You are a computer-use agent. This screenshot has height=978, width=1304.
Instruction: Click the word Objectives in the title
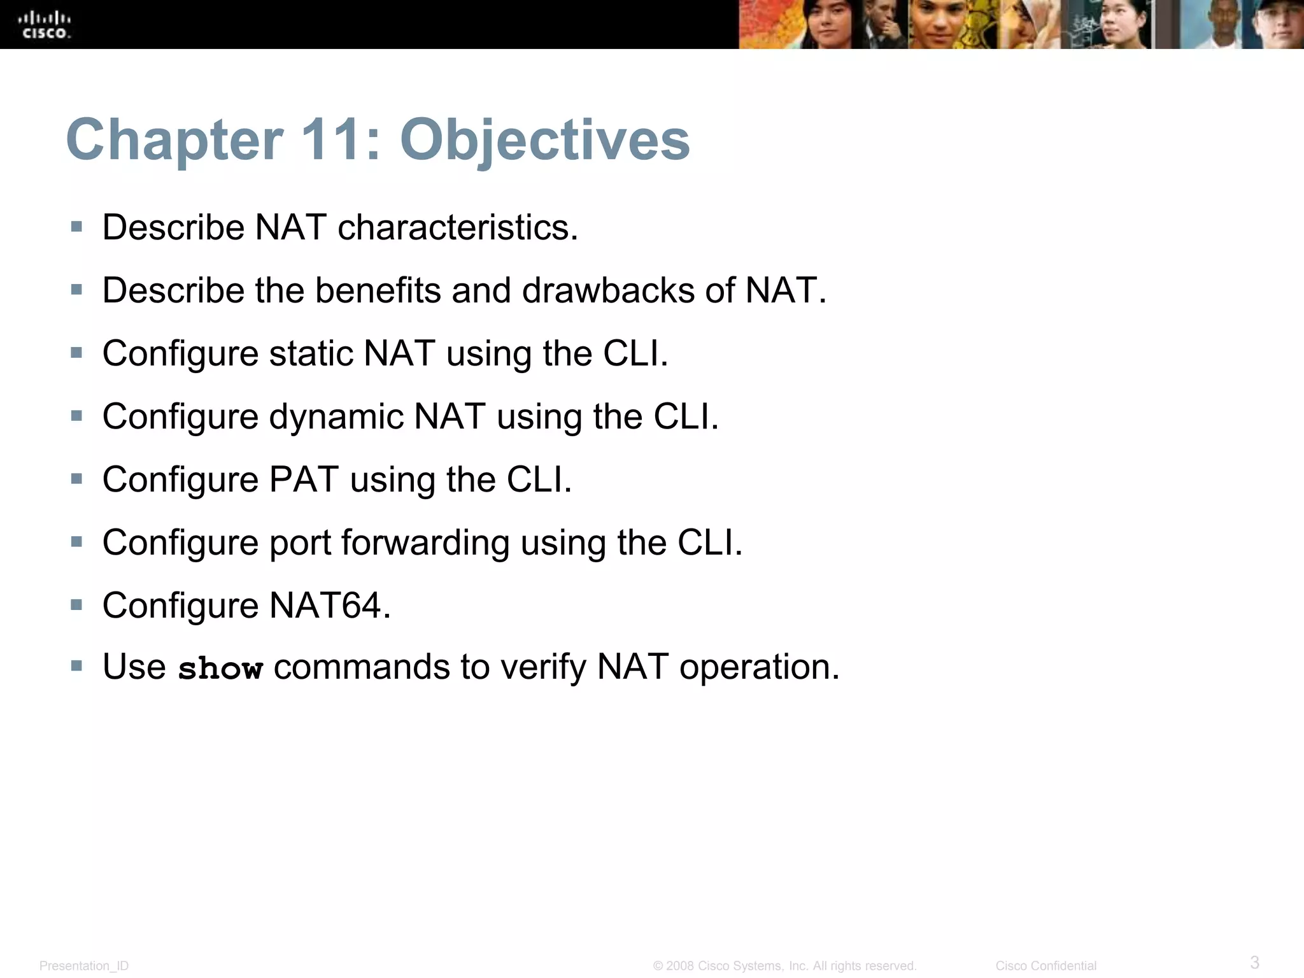point(544,139)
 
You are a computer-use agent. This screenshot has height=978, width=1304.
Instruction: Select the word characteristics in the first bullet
point(457,227)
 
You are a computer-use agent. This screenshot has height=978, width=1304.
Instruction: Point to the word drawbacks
point(608,290)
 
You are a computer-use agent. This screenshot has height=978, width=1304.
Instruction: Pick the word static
point(311,353)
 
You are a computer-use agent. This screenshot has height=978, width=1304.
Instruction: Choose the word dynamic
point(336,417)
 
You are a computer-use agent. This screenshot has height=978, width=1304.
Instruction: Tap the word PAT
point(304,479)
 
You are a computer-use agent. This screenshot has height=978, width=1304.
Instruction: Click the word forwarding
point(425,542)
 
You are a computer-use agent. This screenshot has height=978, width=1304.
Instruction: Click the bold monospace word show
point(220,669)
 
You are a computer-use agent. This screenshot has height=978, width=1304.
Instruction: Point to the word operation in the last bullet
point(759,667)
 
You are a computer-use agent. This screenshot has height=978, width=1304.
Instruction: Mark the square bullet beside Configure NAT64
point(77,604)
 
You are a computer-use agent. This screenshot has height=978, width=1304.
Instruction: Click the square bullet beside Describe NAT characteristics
point(77,227)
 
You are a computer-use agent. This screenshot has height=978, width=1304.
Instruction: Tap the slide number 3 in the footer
point(1254,961)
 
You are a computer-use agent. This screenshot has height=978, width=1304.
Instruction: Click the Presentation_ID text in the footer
point(84,966)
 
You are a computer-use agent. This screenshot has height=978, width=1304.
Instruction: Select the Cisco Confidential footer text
point(1045,966)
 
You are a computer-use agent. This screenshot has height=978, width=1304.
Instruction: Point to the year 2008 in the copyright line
point(679,966)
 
